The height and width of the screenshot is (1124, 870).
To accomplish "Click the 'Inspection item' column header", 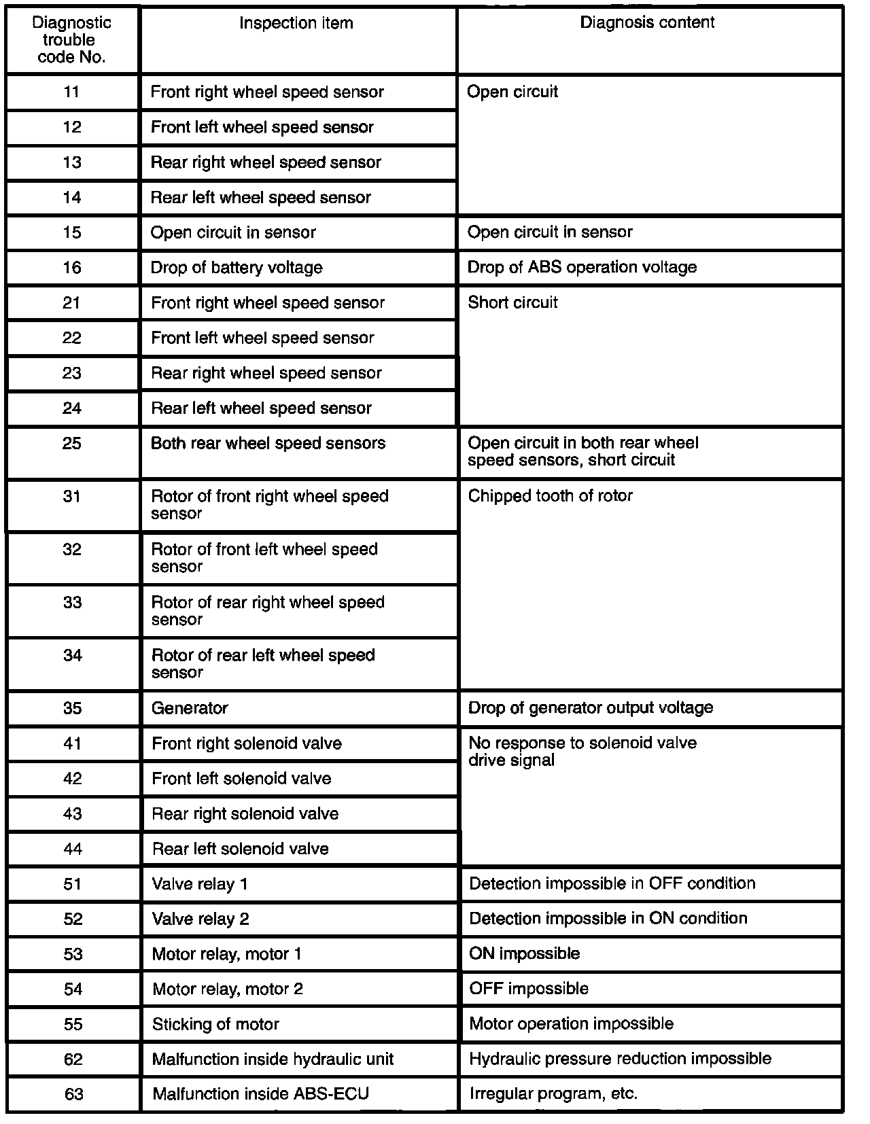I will coord(296,23).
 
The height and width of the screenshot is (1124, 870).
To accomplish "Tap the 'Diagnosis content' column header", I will coord(647,22).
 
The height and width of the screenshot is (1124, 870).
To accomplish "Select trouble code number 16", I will coord(72,268).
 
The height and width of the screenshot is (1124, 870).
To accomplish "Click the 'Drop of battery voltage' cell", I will coord(237,268).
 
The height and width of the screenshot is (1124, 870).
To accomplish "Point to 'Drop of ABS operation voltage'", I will coord(582,267).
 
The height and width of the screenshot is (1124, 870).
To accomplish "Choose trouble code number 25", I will coord(72,444).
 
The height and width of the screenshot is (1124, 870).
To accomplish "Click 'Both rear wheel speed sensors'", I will coord(268,443).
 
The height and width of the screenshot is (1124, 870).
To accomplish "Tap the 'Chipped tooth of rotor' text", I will coord(550,496).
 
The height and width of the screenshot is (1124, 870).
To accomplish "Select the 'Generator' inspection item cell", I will coord(190,708).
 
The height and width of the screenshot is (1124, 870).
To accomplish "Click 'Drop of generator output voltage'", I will coord(590,708).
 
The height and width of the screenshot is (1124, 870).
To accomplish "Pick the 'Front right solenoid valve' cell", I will coord(246,743).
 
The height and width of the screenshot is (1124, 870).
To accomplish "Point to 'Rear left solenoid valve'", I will coord(240,849).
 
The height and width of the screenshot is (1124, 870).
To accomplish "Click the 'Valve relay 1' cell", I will coord(200,884).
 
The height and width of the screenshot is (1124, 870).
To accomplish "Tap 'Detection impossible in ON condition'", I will coord(608,919).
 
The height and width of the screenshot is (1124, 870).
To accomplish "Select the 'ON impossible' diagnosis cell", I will coord(524,953).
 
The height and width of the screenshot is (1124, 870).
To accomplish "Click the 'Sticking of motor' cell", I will coord(215,1024).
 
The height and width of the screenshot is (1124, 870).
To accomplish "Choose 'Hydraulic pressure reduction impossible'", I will coord(620,1059).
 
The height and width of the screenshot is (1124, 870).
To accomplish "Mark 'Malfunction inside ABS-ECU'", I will coord(260,1094).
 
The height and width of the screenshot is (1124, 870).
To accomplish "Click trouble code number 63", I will coord(73,1095).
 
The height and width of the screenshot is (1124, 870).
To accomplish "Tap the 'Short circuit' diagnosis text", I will coord(512,302).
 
